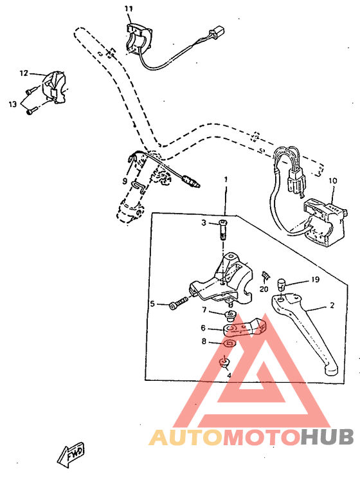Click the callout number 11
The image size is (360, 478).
click(x=128, y=8)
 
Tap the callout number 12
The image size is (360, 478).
click(x=24, y=73)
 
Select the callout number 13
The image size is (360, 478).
click(x=12, y=104)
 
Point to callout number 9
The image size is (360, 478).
click(x=125, y=181)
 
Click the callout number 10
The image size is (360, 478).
click(x=332, y=181)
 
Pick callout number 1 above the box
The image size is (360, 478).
click(x=226, y=178)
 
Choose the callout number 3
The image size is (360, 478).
click(x=203, y=223)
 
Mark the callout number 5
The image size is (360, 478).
click(x=152, y=304)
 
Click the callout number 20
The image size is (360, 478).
click(x=264, y=289)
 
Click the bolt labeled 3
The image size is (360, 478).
click(x=224, y=228)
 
